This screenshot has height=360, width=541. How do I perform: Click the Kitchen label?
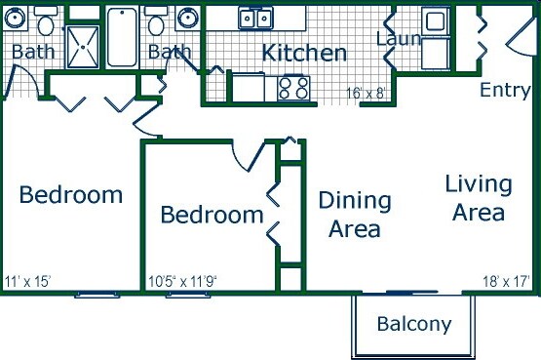[304, 53]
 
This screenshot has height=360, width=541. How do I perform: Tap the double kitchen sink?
[255, 18]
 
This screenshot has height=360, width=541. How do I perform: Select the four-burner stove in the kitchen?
[293, 88]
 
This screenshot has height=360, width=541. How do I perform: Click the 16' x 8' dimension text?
[366, 94]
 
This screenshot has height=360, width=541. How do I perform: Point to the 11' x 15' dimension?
[28, 281]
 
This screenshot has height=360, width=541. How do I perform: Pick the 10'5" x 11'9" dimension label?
[182, 282]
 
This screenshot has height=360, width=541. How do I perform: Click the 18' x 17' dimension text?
[506, 281]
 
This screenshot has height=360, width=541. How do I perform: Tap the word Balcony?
[414, 324]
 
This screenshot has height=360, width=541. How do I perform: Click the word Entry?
[505, 90]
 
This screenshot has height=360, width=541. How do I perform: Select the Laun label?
[399, 38]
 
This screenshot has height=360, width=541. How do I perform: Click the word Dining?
[355, 201]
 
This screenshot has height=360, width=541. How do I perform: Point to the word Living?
[479, 184]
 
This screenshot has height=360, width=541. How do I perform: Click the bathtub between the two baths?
[122, 37]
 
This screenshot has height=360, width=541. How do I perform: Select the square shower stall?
[83, 47]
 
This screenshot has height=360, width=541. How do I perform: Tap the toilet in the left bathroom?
[46, 21]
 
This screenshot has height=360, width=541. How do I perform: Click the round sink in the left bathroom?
[16, 18]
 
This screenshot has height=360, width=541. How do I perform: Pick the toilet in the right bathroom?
[156, 21]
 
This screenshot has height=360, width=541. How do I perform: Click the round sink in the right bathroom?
[187, 18]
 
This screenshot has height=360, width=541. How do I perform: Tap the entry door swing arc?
[521, 37]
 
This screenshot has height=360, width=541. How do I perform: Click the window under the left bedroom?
[97, 295]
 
